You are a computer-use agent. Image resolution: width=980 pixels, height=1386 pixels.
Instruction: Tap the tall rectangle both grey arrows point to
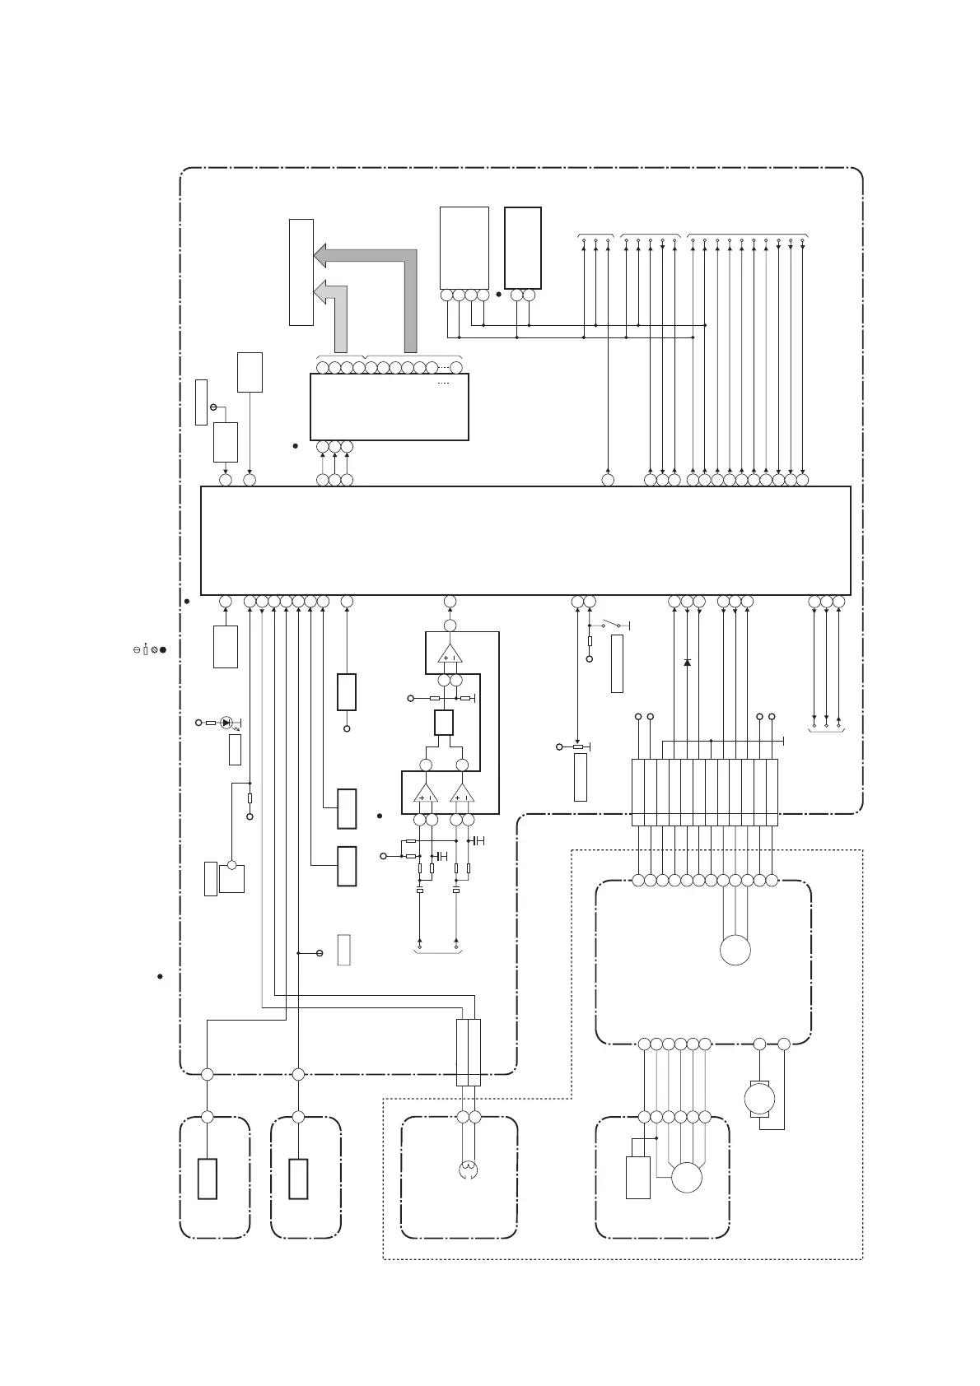[x=301, y=272]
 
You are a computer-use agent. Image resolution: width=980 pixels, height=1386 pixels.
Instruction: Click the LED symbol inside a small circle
[x=226, y=723]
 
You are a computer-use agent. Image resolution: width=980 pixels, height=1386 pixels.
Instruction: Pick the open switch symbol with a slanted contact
[x=612, y=626]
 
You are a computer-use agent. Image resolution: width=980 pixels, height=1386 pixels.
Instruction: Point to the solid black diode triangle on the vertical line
[x=688, y=662]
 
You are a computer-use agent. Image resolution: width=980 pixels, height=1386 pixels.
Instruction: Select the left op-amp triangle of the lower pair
[x=427, y=793]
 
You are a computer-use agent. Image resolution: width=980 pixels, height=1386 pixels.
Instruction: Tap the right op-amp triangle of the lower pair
[x=463, y=793]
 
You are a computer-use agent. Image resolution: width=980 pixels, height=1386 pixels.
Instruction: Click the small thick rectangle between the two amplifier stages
[x=444, y=723]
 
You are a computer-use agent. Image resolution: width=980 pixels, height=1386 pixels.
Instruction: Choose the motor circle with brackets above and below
[x=759, y=1098]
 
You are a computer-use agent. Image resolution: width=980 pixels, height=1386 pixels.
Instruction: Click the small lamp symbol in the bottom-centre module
[x=468, y=1169]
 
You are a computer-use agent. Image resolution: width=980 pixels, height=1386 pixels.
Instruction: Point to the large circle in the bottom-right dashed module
[x=687, y=1178]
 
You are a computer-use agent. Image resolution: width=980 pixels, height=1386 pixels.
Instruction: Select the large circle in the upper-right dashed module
[x=735, y=950]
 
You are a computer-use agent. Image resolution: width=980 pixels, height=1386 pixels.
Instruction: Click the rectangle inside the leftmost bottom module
[x=208, y=1179]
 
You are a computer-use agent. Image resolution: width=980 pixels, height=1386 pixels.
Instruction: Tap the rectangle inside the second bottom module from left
[x=298, y=1179]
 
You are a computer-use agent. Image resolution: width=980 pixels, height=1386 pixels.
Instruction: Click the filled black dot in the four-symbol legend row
[x=164, y=650]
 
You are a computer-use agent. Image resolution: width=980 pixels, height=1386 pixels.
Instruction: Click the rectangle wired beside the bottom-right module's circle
[x=638, y=1177]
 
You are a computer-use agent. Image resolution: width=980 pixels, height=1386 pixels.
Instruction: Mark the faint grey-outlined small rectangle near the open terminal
[x=344, y=950]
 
